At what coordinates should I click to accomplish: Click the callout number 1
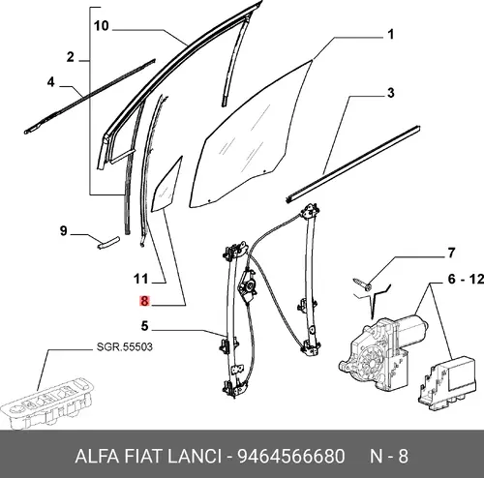(390, 34)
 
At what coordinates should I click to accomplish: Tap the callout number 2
(71, 57)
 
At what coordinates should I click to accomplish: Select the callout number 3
(390, 93)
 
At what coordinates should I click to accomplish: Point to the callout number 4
(51, 82)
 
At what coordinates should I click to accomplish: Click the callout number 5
(144, 326)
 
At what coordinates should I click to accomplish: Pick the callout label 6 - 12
(466, 279)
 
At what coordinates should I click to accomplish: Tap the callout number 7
(451, 253)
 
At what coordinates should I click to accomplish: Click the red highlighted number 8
(144, 301)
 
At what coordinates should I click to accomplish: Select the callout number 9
(64, 231)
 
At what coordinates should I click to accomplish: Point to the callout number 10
(102, 26)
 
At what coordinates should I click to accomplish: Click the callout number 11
(141, 279)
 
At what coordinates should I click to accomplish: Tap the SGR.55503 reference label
(124, 347)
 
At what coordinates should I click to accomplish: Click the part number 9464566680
(291, 457)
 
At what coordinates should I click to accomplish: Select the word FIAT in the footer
(139, 457)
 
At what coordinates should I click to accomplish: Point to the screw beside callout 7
(362, 284)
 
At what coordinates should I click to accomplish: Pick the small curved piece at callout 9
(108, 243)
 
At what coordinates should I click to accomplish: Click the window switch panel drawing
(46, 403)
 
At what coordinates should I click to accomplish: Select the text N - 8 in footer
(389, 457)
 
